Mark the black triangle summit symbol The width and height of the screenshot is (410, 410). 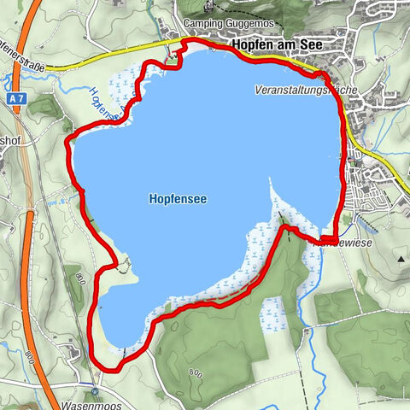click(x=401, y=257)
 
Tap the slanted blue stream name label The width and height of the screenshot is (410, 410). click(x=103, y=102)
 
